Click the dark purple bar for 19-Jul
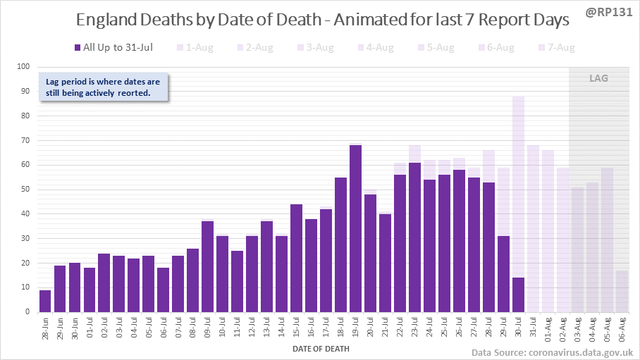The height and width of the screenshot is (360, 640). pos(355,229)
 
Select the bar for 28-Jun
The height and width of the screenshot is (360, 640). pos(45,301)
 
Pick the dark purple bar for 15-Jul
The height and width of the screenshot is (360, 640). pos(296,258)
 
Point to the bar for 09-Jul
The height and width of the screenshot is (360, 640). pos(207,266)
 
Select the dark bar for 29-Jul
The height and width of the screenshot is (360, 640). pos(503,273)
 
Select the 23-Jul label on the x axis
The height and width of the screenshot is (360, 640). pos(415,328)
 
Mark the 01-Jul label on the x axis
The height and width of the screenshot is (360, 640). pos(90,328)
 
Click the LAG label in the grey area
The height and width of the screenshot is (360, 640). pos(598,78)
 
